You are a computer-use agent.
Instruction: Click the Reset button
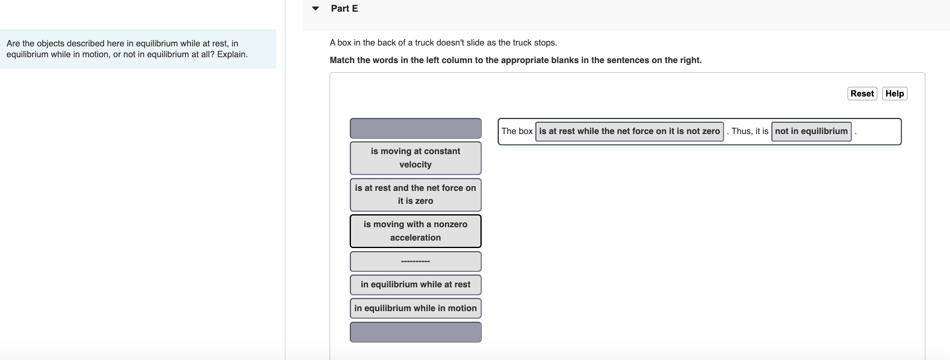(862, 94)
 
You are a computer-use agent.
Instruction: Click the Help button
(894, 94)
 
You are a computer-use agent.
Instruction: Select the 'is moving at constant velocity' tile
(415, 158)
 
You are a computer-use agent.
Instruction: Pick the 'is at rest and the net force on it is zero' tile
(415, 195)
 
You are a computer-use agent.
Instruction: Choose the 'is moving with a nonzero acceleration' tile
(415, 231)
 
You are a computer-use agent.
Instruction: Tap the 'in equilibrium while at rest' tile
(415, 284)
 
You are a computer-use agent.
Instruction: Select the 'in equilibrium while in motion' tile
(415, 308)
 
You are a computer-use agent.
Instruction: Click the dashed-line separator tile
(415, 261)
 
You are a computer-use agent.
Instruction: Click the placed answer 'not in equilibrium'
(811, 131)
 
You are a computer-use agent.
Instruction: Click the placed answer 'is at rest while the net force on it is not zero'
(629, 131)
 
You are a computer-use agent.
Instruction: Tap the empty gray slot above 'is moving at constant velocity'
(415, 128)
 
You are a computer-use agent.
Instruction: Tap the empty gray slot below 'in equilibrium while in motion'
(415, 332)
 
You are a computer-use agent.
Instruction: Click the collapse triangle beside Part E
(315, 8)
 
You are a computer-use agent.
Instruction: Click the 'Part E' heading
(344, 9)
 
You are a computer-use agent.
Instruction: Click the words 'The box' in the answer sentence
(517, 131)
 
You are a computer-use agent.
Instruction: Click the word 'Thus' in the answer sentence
(741, 131)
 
